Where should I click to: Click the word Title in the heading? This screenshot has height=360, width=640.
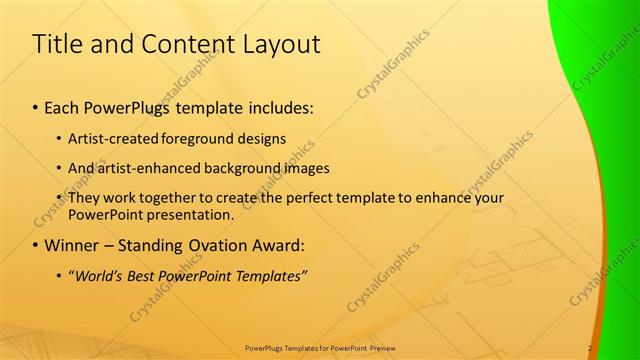click(x=59, y=45)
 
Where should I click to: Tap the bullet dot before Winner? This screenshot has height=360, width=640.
click(x=37, y=245)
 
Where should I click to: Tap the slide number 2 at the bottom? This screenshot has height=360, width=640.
click(x=591, y=348)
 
